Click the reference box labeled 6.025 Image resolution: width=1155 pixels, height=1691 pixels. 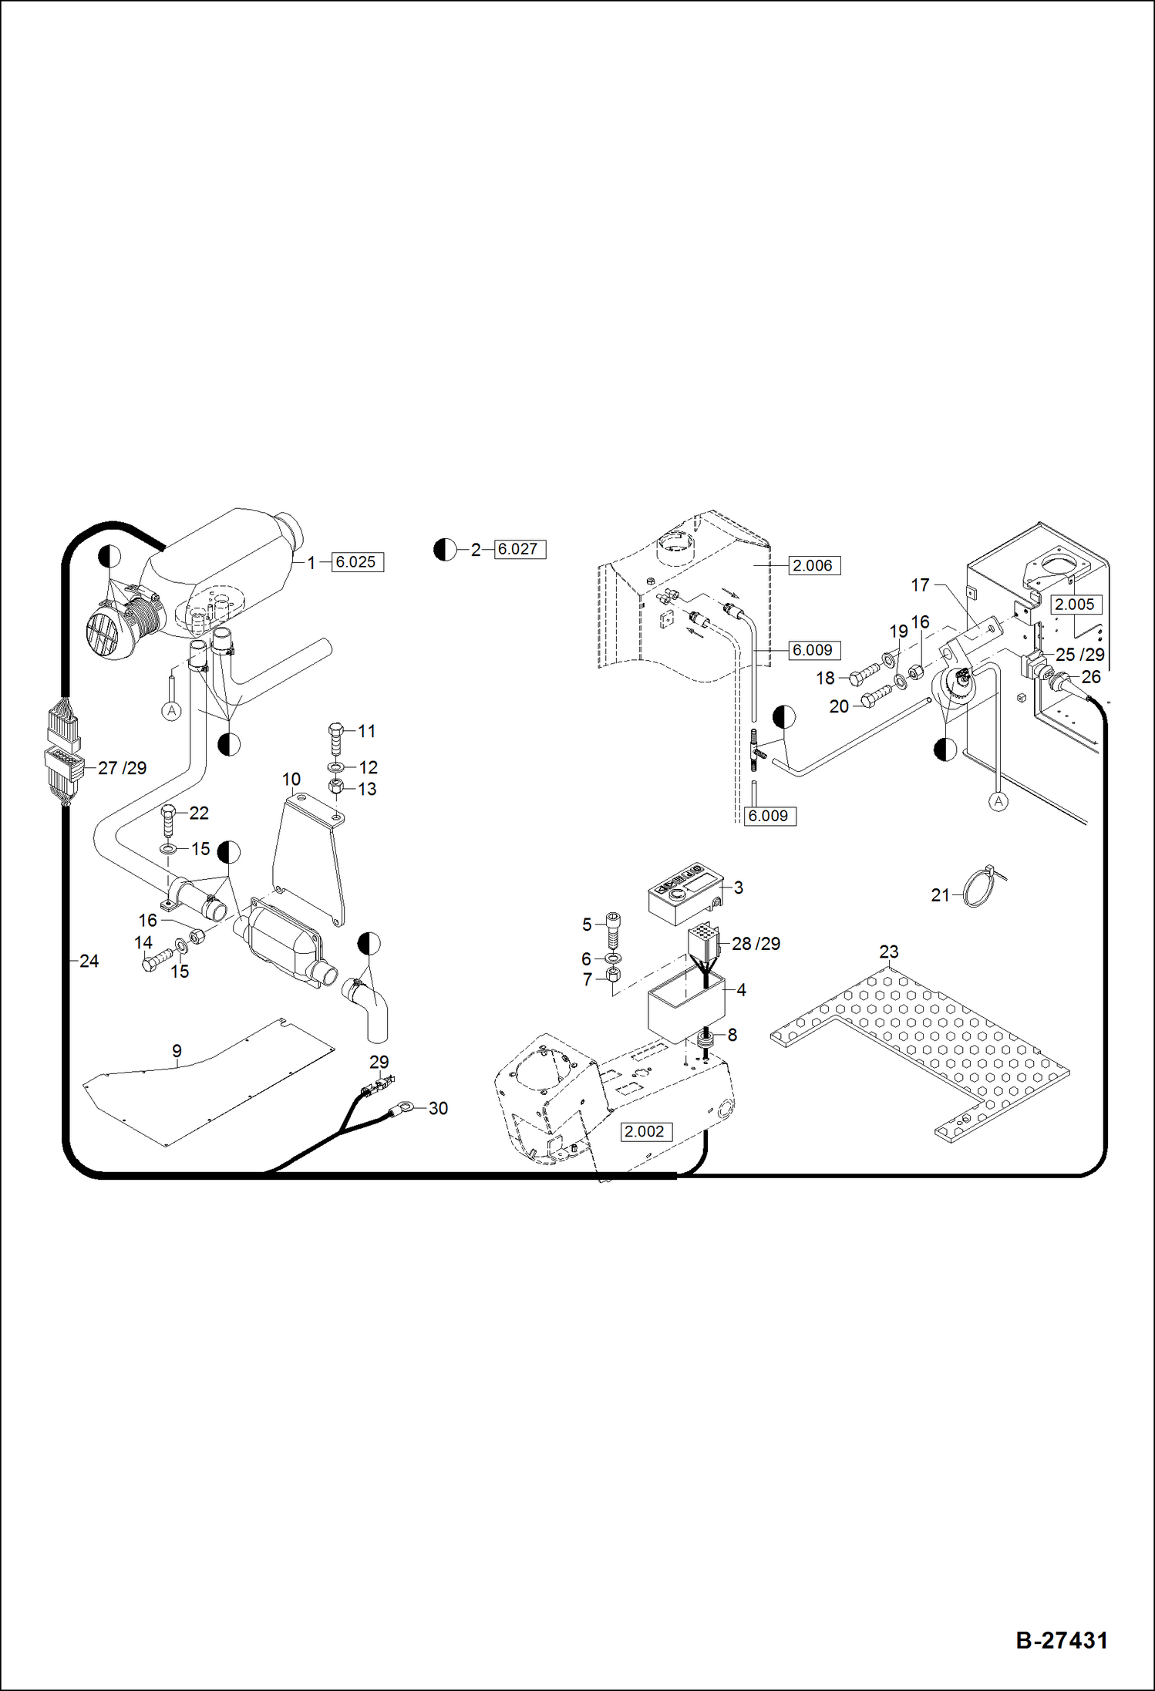click(x=357, y=562)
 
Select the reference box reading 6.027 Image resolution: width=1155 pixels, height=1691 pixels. click(x=519, y=549)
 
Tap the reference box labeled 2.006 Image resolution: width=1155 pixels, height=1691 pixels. click(x=813, y=565)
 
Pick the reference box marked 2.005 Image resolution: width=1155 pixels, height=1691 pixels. click(x=1075, y=605)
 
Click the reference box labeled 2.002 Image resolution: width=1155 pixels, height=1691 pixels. click(x=646, y=1131)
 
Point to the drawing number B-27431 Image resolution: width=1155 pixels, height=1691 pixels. click(x=1062, y=1639)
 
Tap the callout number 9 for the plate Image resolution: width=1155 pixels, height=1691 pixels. click(x=177, y=1051)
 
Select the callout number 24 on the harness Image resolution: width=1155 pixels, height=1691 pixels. click(x=89, y=961)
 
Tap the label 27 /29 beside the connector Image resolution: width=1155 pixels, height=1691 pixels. click(x=122, y=768)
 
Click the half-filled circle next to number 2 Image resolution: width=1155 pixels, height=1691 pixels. click(x=445, y=550)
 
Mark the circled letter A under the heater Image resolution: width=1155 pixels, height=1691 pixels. click(x=172, y=710)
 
